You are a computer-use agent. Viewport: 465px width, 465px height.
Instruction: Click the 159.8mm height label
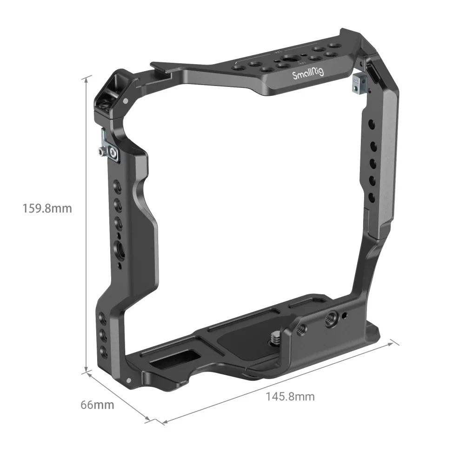click(x=47, y=208)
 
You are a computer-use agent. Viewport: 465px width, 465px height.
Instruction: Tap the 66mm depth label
click(x=97, y=405)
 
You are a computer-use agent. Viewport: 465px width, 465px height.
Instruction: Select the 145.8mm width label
click(x=290, y=396)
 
